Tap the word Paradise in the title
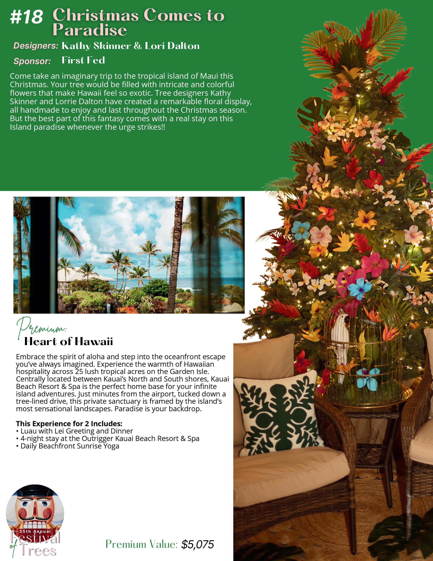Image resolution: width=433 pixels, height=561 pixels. pyautogui.click(x=90, y=30)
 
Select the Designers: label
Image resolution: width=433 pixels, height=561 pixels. pyautogui.click(x=36, y=46)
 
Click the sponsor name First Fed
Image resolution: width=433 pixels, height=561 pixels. pyautogui.click(x=83, y=60)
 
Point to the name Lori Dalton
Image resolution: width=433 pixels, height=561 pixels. pyautogui.click(x=172, y=46)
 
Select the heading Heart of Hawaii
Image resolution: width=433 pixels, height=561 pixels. pyautogui.click(x=68, y=342)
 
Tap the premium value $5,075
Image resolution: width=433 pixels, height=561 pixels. pyautogui.click(x=197, y=544)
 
